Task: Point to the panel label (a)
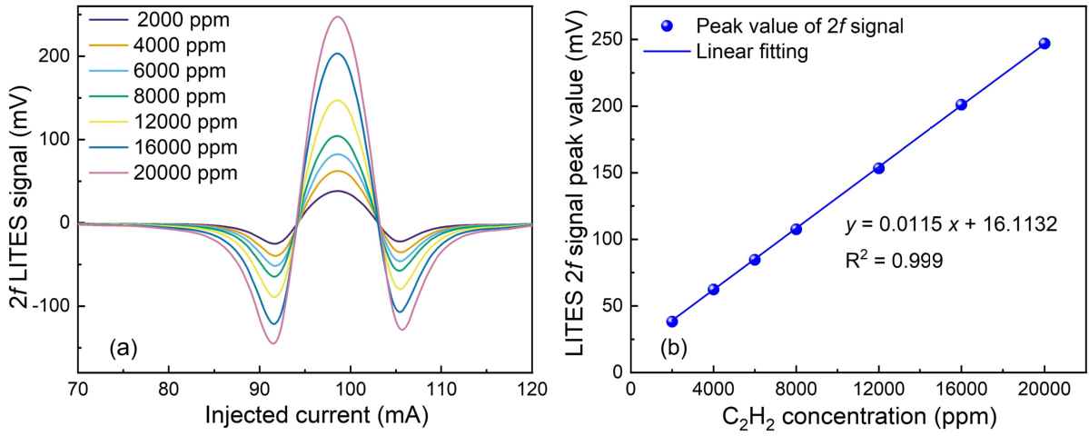[123, 347]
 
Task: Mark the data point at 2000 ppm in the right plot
[672, 322]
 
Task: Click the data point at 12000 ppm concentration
[878, 168]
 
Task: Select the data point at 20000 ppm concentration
[1044, 44]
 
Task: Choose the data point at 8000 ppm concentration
[796, 229]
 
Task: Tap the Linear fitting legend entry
[752, 53]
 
